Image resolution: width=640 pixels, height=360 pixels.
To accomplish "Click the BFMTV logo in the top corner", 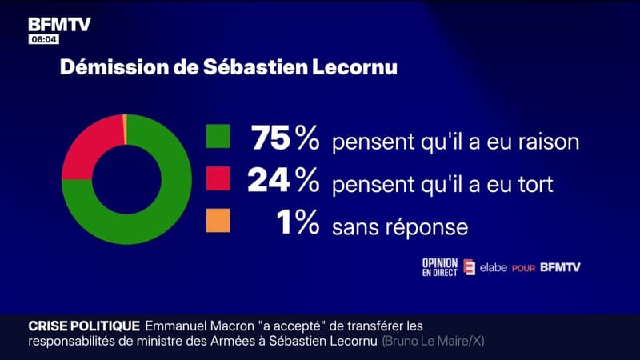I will [x=60, y=24].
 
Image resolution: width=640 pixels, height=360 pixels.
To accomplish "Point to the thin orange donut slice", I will [x=125, y=129].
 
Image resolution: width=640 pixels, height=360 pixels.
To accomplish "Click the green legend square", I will [x=217, y=137].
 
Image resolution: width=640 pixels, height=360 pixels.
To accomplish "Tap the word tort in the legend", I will [x=535, y=185].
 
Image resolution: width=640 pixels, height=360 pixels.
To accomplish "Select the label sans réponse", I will [x=400, y=227].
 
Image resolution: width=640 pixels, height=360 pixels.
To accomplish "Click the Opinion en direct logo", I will [x=440, y=267].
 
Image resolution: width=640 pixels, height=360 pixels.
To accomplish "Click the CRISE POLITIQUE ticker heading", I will [x=84, y=326].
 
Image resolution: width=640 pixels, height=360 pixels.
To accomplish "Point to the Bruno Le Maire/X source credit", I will [x=434, y=341].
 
